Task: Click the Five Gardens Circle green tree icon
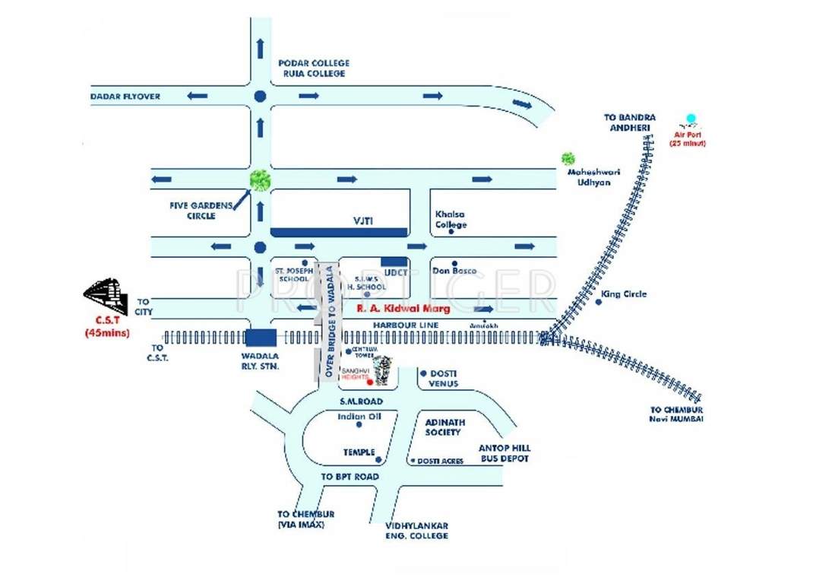click(260, 180)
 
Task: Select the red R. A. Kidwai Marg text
click(404, 309)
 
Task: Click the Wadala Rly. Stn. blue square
click(261, 338)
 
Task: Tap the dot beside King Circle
click(599, 302)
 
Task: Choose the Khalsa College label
click(451, 219)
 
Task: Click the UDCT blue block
click(394, 261)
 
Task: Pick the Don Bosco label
click(454, 271)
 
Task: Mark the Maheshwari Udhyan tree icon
click(568, 158)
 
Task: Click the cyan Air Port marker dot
click(691, 119)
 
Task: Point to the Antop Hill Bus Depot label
click(504, 453)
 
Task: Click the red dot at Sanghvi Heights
click(371, 382)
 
